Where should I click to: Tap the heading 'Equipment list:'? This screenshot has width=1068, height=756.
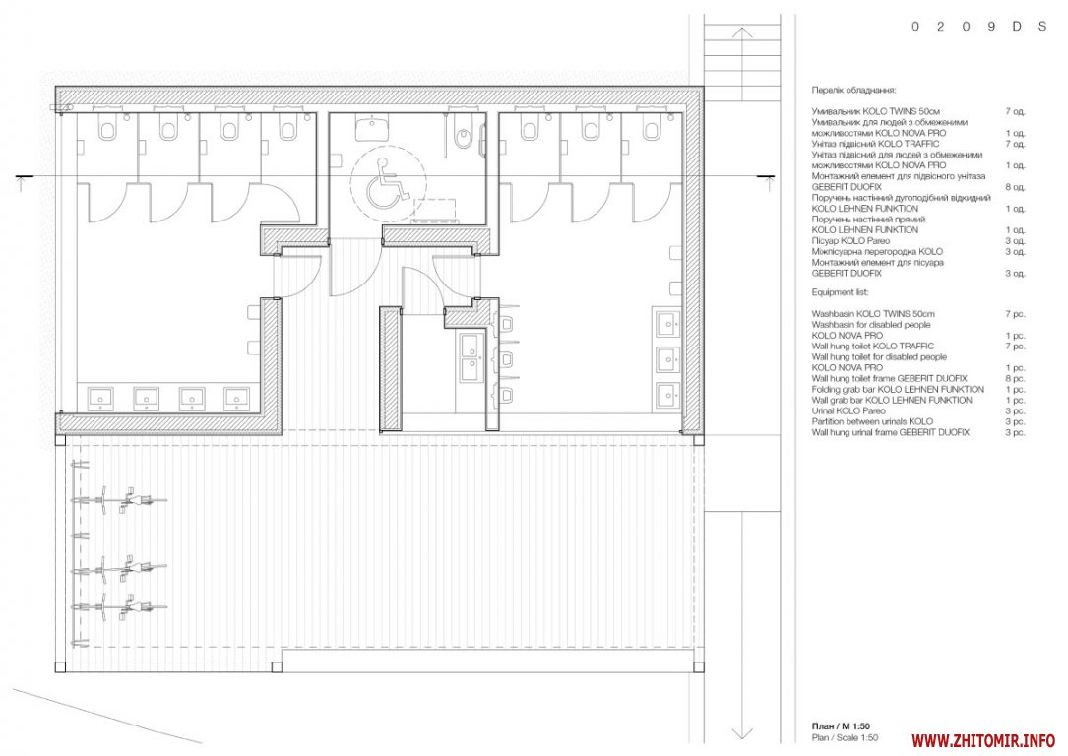pos(840,292)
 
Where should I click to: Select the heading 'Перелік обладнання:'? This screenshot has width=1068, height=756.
pos(853,90)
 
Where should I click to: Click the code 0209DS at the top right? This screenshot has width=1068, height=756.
pos(978,27)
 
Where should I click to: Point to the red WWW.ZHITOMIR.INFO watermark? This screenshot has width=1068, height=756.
pos(983,740)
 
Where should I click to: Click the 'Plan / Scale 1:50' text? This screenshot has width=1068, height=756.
pos(845,737)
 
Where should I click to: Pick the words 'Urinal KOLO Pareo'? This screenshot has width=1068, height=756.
pos(848,410)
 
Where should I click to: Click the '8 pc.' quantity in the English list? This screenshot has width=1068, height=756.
pos(1014,379)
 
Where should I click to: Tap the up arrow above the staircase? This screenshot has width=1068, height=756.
pos(742,32)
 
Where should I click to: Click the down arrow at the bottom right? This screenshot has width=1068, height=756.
pos(742,732)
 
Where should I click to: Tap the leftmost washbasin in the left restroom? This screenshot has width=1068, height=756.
pos(100,399)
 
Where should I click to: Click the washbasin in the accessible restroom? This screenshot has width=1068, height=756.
pos(372,127)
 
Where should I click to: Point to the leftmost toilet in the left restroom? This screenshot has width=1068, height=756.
pos(107,127)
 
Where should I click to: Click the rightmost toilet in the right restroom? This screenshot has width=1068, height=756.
pos(652,127)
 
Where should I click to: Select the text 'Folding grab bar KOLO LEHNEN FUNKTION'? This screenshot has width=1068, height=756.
pos(898,390)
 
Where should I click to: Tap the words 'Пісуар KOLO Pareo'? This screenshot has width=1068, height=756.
pos(850,241)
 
